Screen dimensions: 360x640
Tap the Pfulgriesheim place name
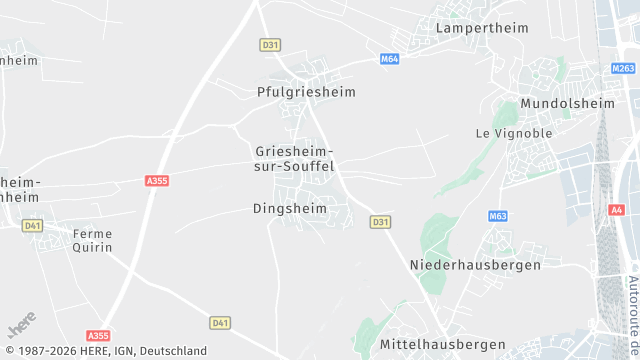[x=313, y=92]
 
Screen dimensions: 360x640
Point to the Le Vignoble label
[x=513, y=133]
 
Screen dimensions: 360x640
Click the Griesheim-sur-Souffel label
[x=294, y=159]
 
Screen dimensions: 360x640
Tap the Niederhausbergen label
[x=475, y=265]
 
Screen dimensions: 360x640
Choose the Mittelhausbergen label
[x=443, y=344]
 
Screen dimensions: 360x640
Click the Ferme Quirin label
[x=92, y=240]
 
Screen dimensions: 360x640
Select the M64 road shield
[x=390, y=60]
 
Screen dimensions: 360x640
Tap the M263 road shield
[x=623, y=69]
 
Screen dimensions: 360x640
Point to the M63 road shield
[x=498, y=216]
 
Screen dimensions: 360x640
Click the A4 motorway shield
[x=615, y=210]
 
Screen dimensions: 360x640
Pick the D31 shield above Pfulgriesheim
[x=269, y=45]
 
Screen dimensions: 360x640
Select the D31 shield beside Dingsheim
[x=380, y=222]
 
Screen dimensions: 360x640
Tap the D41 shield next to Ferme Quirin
[x=33, y=226]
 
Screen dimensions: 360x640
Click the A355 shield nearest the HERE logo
[x=98, y=336]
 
